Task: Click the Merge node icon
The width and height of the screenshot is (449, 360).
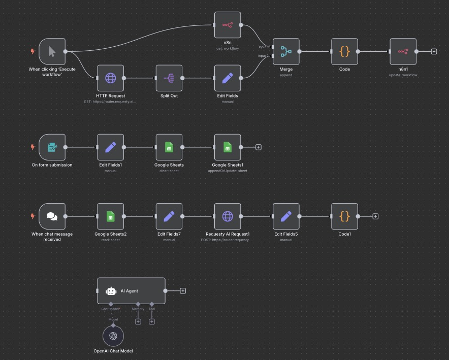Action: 286,51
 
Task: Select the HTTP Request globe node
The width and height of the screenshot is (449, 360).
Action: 111,78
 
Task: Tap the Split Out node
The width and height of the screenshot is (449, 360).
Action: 169,78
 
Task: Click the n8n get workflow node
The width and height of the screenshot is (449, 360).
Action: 228,25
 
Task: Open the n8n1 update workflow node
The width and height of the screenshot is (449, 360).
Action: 403,51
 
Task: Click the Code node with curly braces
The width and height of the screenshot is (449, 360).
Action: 344,51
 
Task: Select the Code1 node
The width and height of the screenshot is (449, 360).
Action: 344,216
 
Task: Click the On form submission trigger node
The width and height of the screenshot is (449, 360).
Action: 52,147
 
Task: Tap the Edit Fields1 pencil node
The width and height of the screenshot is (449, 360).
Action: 111,147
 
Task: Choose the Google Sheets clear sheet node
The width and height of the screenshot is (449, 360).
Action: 169,147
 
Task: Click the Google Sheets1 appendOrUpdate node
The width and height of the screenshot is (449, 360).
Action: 228,147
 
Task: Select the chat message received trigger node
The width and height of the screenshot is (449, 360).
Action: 52,216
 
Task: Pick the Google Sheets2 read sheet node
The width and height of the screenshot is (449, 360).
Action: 111,216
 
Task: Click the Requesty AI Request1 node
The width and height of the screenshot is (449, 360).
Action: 228,216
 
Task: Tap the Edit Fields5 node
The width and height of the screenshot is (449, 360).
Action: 286,216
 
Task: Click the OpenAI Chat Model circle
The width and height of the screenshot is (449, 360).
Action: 113,336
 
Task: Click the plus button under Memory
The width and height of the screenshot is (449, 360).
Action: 138,321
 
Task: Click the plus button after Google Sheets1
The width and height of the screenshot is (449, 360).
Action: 258,147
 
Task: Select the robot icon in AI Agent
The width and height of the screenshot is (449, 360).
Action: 111,291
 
